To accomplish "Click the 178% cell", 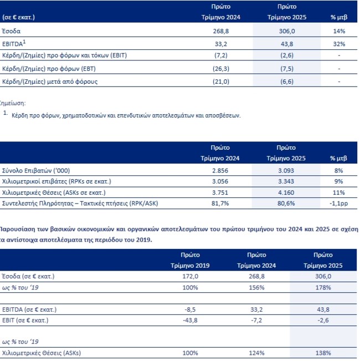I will click(x=323, y=287).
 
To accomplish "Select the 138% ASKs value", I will click(x=323, y=353).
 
